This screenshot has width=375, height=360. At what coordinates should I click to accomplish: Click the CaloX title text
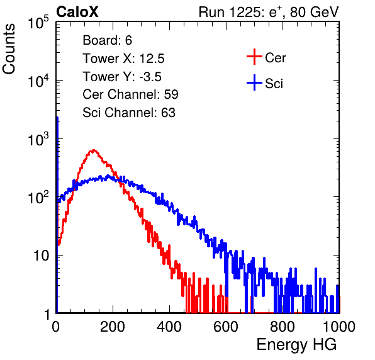click(77, 12)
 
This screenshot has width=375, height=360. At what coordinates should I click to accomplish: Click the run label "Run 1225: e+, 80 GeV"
click(269, 12)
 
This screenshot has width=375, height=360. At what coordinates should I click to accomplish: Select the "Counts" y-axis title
click(9, 49)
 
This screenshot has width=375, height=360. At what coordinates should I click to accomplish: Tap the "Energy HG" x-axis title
click(296, 345)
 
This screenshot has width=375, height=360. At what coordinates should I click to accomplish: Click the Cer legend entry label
click(275, 58)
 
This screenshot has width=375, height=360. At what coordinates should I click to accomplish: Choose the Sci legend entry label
click(274, 84)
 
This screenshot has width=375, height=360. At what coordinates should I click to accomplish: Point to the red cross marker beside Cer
click(254, 57)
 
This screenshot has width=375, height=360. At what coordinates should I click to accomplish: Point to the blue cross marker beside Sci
click(254, 82)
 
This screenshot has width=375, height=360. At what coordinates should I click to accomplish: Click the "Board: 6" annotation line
click(107, 40)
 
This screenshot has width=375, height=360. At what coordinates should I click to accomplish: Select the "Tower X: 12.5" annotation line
click(123, 59)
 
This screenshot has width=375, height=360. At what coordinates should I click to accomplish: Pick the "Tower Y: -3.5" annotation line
click(122, 77)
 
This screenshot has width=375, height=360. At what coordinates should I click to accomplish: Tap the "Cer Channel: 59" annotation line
click(130, 94)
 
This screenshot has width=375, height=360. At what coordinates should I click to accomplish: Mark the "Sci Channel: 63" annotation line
click(129, 113)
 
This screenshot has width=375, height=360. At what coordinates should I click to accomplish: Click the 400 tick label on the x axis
click(169, 327)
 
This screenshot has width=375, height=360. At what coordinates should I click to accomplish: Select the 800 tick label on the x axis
click(283, 327)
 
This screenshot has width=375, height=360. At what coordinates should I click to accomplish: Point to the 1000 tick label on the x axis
click(339, 327)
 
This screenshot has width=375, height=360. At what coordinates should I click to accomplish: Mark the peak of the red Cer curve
click(93, 150)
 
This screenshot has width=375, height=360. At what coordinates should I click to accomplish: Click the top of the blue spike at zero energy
click(57, 118)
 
